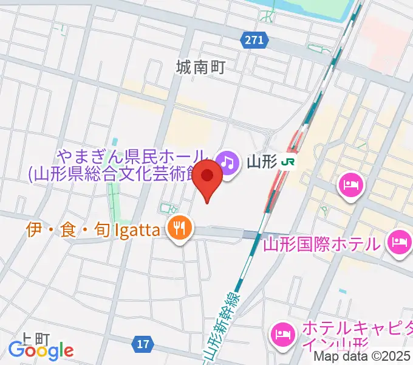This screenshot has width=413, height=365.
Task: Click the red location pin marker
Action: coord(209,178)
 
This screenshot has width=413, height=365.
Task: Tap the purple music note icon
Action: coord(227,161)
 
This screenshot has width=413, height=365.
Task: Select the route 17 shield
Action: coord(143,344)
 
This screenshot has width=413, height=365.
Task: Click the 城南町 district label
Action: coord(200,66)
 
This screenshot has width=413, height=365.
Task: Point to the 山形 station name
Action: coord(262,162)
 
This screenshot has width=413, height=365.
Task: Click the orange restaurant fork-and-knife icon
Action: coord(179,229)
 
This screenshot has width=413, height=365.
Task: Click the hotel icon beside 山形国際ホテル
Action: coord(399,243)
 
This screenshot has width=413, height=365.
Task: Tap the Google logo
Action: coord(41,350)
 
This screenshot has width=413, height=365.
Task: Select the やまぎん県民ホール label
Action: coord(133,157)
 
